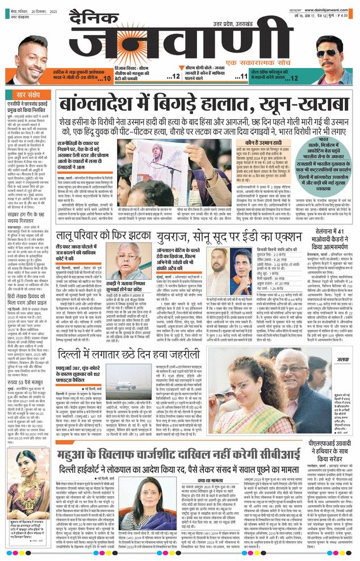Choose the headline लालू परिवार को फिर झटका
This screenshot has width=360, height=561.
coord(119,231)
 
